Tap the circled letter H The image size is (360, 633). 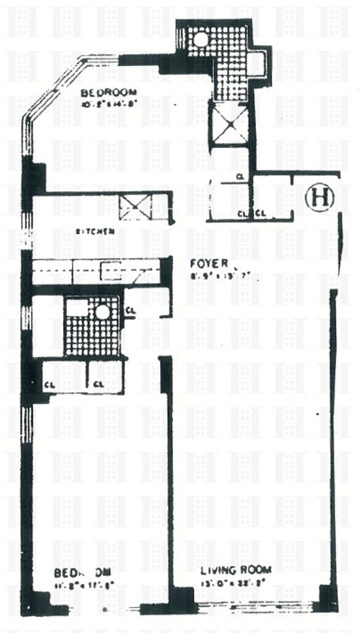point(319,197)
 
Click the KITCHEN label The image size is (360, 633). point(94,232)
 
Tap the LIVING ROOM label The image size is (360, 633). point(236,570)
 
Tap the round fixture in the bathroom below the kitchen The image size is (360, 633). point(103,312)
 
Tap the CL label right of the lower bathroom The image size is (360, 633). point(130,310)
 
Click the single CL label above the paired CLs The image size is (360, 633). point(241,178)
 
